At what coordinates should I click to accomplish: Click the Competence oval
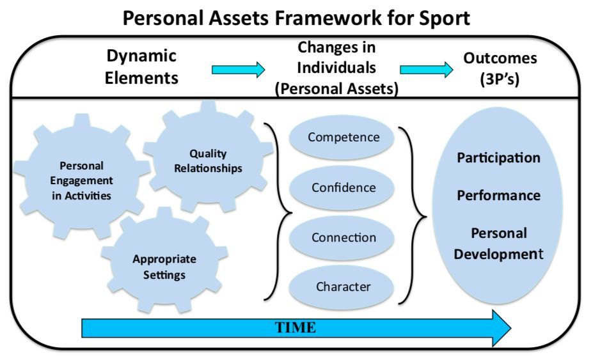342,137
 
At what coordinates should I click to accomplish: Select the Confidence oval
342,188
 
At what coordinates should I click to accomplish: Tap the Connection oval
342,238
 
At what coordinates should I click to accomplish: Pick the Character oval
342,287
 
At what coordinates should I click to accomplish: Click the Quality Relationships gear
209,157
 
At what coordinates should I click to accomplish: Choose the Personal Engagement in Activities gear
81,177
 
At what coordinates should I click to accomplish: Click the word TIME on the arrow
295,327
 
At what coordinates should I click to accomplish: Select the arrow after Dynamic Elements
238,70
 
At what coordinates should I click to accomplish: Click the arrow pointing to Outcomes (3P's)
426,70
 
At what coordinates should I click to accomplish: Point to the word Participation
498,157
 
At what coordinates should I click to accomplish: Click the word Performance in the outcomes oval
498,195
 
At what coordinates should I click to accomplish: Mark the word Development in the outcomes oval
498,254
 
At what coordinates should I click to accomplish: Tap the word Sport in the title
445,19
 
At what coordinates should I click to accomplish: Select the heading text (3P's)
500,79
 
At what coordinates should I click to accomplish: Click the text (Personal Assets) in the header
336,89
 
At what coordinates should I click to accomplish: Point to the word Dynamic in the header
141,56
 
